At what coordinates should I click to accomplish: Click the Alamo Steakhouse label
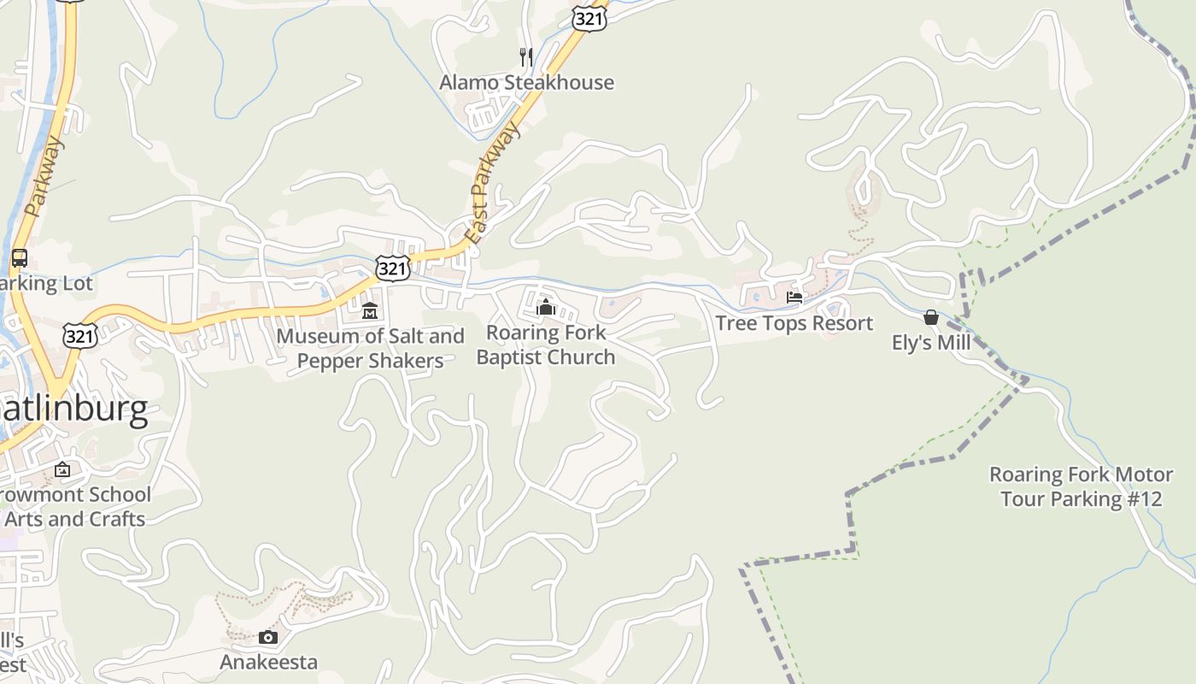[526, 82]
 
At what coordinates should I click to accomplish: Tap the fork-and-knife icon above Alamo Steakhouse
[526, 57]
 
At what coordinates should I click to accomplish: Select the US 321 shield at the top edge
[589, 19]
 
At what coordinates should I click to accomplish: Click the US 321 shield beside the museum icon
[392, 268]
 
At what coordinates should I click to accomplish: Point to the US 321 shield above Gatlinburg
[79, 336]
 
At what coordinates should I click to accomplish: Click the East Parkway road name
[494, 185]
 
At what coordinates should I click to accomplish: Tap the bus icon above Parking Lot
[19, 258]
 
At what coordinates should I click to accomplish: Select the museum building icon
[370, 310]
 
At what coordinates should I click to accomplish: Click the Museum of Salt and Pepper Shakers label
[370, 348]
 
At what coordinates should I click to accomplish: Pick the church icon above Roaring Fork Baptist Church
[545, 307]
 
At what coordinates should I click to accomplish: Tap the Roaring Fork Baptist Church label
[545, 345]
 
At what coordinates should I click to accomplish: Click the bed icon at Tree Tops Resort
[794, 298]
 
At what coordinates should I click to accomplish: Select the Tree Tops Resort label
[794, 323]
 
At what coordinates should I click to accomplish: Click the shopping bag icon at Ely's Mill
[931, 317]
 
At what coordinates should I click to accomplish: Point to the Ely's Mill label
[931, 343]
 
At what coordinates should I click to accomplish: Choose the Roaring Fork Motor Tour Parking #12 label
[1081, 486]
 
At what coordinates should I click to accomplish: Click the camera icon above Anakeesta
[268, 637]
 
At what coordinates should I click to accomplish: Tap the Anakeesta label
[268, 662]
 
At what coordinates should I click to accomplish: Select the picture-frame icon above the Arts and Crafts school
[62, 469]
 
